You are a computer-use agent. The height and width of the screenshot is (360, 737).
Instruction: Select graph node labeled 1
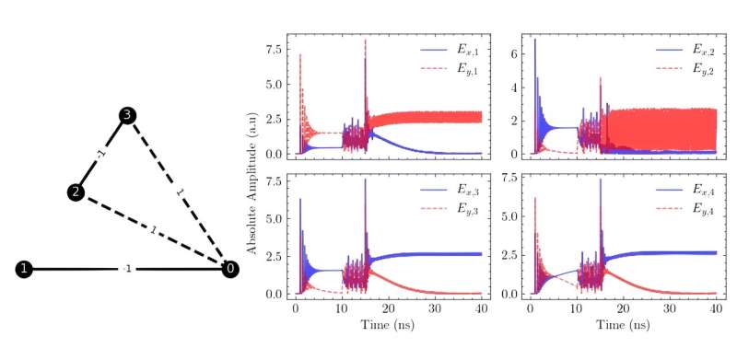tap(24, 269)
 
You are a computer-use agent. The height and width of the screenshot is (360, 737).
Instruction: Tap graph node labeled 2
tap(76, 192)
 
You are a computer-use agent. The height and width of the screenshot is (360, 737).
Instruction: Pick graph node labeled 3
tap(128, 115)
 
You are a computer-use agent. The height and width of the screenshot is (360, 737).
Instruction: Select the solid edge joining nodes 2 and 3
tap(101, 154)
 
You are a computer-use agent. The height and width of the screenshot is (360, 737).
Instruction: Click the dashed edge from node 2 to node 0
tap(153, 230)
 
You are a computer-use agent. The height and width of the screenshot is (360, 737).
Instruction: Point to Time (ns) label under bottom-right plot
tap(623, 326)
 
